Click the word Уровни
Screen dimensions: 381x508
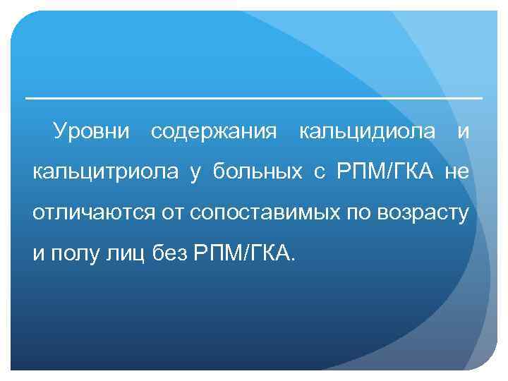(x=92, y=132)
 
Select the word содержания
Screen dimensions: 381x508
(x=214, y=132)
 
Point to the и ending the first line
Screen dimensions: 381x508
(x=462, y=132)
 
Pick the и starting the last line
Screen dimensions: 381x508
(x=39, y=254)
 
